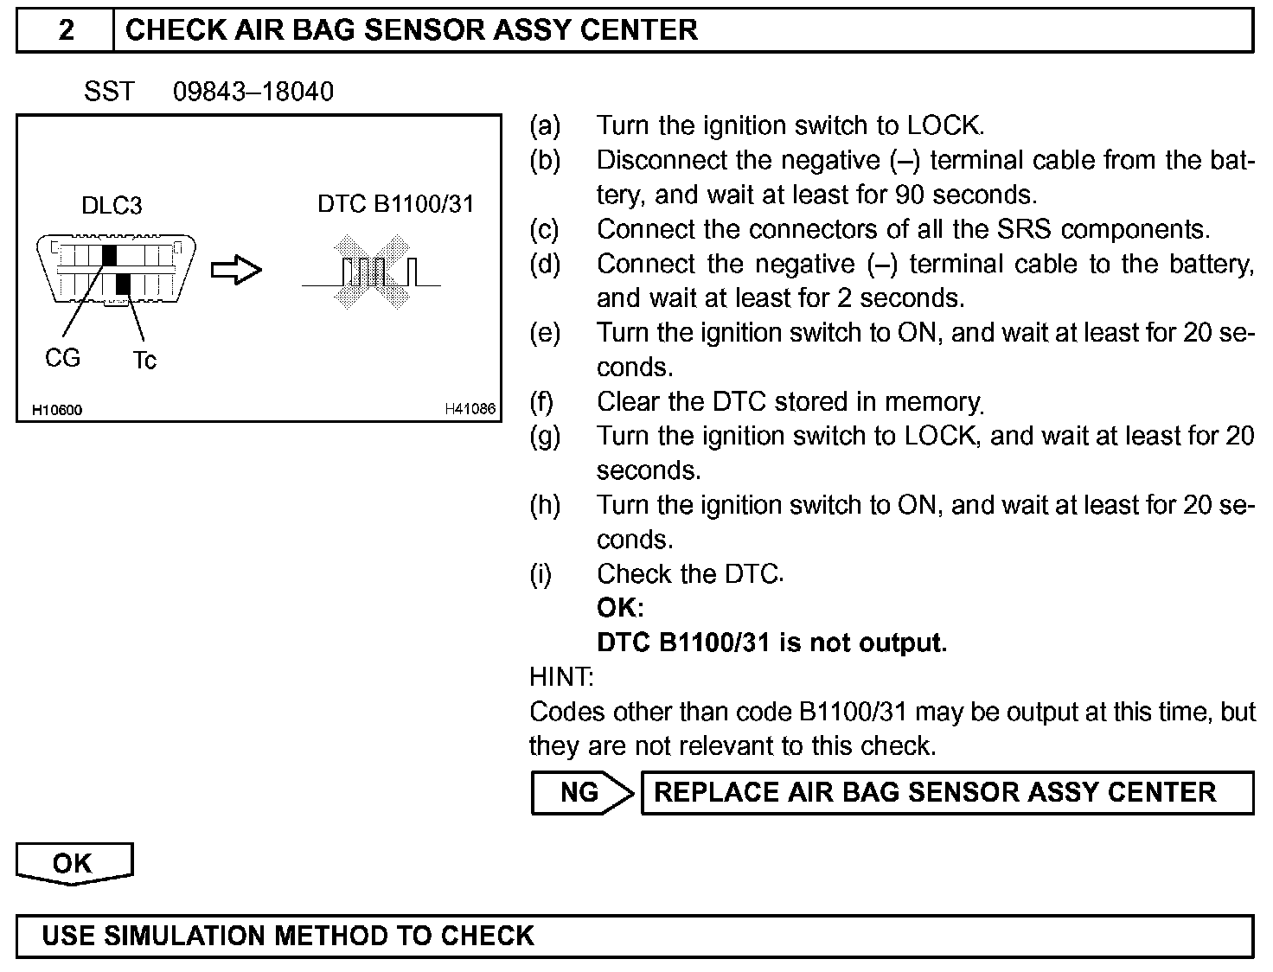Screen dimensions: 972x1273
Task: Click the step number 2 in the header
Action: tap(66, 30)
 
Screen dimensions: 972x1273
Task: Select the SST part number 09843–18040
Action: tap(253, 92)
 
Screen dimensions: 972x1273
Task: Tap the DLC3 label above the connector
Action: tap(112, 206)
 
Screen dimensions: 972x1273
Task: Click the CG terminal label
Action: tap(62, 358)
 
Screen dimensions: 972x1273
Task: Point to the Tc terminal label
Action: tap(144, 361)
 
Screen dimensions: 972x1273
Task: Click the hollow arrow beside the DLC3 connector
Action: tap(236, 271)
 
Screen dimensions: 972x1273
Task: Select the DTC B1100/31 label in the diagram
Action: tap(395, 204)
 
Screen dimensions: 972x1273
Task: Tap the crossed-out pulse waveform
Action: tap(372, 272)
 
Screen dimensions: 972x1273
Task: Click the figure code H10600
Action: tap(57, 410)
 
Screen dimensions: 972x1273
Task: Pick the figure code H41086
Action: tap(470, 409)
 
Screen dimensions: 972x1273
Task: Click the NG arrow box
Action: tap(582, 793)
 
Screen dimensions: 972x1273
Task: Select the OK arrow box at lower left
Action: tap(74, 864)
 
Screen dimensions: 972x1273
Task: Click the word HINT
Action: tap(561, 677)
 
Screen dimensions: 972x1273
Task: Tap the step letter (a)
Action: tap(545, 126)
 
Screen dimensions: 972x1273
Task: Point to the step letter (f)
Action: tap(541, 402)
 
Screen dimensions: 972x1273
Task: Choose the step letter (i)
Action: tap(541, 574)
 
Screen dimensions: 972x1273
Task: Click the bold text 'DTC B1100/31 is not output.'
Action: tap(771, 643)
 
